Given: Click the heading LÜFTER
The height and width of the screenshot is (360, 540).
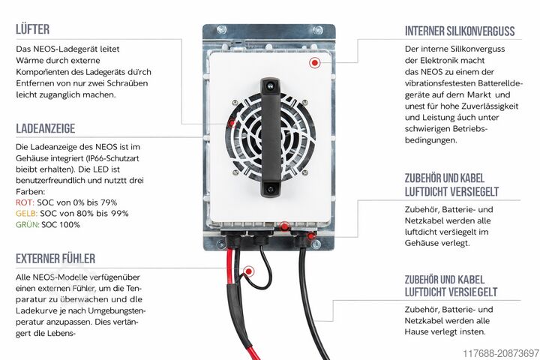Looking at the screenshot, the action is coord(33,29).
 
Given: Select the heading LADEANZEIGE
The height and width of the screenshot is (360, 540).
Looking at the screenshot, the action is coord(46,128).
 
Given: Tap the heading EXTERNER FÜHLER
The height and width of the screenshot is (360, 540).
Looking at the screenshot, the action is coord(55,259).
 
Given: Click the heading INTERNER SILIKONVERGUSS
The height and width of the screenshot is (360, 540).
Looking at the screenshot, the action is coord(460,31).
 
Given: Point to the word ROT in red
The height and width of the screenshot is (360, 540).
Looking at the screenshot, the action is coord(25,202).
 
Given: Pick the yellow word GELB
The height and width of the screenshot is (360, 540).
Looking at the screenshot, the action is coord(26,214).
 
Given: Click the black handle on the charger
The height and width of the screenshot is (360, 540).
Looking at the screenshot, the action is coord(271,137).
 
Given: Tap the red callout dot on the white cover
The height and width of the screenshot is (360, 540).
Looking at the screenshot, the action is coord(314,63).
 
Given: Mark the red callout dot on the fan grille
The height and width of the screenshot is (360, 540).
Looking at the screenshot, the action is coord(232,123).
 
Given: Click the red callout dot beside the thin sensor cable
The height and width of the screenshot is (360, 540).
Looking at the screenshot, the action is coord(248,271).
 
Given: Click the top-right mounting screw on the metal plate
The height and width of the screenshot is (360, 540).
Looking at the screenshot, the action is coord(317,30).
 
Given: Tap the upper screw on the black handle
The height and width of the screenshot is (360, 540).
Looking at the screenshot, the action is coord(271,85).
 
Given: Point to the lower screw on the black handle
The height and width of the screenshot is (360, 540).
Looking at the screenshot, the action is coord(271,189).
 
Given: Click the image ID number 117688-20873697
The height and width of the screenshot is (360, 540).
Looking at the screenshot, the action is coord(501,353).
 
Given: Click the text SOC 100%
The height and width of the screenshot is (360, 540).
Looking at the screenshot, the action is coord(61,224).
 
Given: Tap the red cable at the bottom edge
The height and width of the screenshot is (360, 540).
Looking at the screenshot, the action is coord(253,353).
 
